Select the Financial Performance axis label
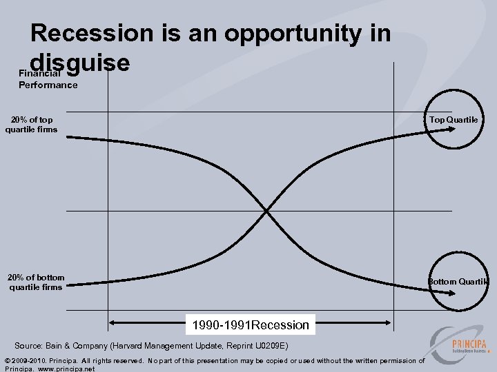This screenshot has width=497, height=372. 48,79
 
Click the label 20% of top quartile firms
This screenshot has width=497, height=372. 31,125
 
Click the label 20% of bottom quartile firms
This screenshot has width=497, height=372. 35,282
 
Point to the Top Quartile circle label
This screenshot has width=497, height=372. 453,120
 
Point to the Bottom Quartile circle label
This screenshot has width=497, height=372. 458,281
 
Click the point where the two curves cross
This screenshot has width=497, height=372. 266,210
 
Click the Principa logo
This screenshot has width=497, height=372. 456,344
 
